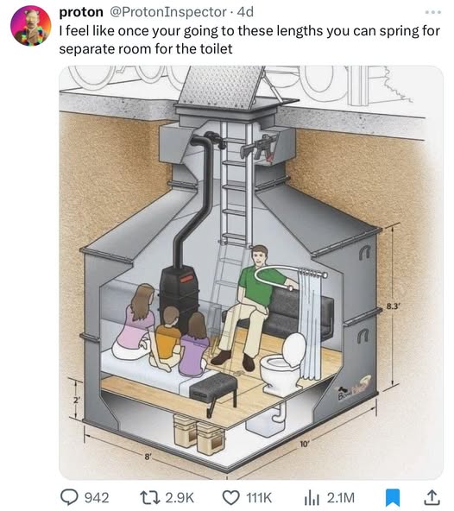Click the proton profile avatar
pyautogui.click(x=31, y=26)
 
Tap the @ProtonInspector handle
pyautogui.click(x=167, y=12)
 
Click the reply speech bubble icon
pyautogui.click(x=69, y=497)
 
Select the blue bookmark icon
pyautogui.click(x=393, y=498)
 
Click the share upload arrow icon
pyautogui.click(x=432, y=497)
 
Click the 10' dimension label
pyautogui.click(x=304, y=444)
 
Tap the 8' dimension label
pyautogui.click(x=148, y=457)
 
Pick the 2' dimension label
pyautogui.click(x=76, y=401)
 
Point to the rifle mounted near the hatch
pyautogui.click(x=258, y=147)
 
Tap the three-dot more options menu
pyautogui.click(x=433, y=12)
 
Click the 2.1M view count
pyautogui.click(x=340, y=498)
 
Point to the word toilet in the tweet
pyautogui.click(x=217, y=49)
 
